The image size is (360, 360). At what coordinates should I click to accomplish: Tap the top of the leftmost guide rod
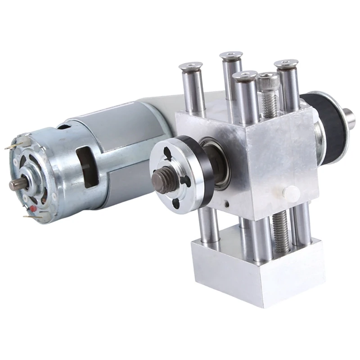tap(190, 67)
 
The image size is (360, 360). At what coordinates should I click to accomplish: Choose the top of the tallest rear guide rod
tap(231, 56)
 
